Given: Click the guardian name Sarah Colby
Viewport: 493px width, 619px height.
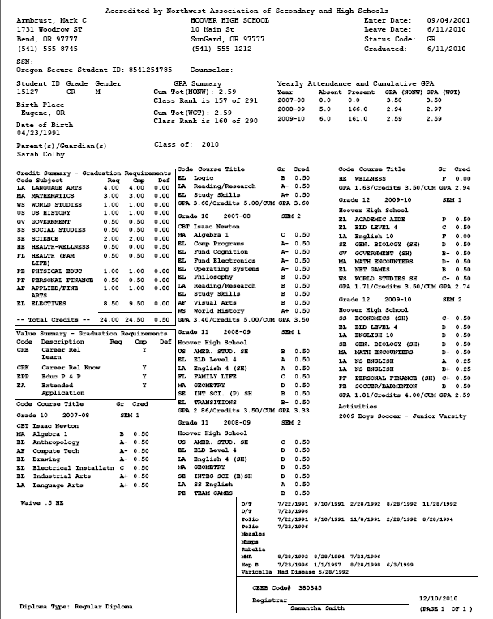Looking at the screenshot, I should tap(33, 152).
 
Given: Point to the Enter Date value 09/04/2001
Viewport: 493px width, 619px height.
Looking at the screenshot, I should tap(445, 18).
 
